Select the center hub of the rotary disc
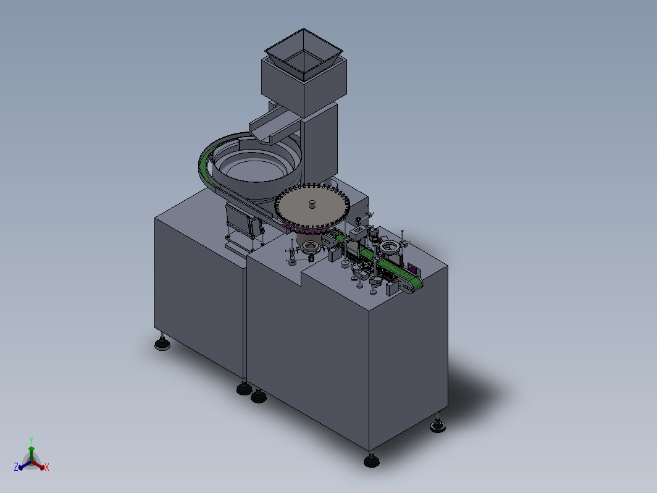click(x=312, y=204)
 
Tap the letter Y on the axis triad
click(x=31, y=440)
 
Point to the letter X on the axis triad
click(x=47, y=467)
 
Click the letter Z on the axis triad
click(x=16, y=467)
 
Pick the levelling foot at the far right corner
click(x=438, y=424)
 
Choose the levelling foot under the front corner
click(x=372, y=460)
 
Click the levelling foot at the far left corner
click(x=162, y=343)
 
